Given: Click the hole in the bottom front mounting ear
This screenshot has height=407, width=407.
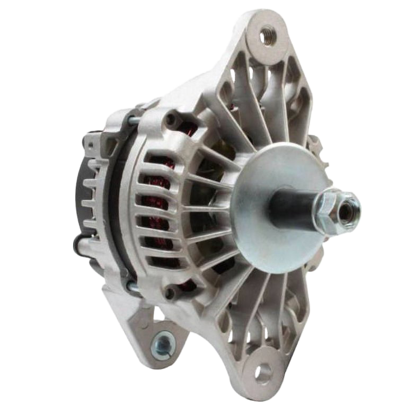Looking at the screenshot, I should (x=263, y=373).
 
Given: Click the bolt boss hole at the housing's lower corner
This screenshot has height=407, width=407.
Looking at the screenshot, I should (x=170, y=292).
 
